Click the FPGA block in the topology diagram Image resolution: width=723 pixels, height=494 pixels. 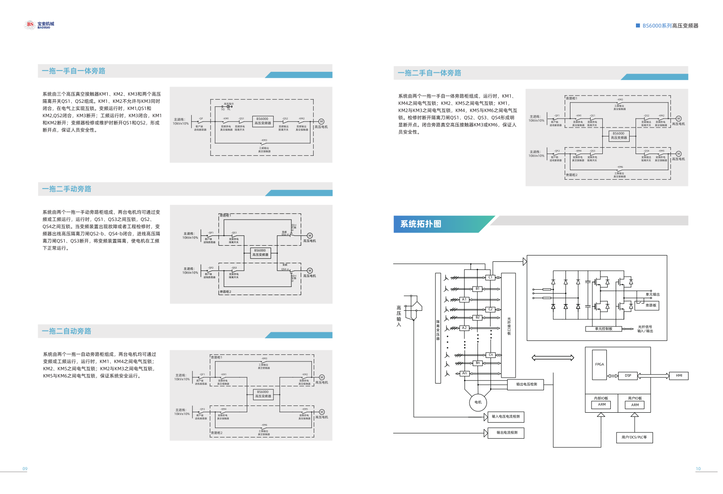pyautogui.click(x=599, y=365)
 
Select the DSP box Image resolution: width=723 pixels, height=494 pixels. pyautogui.click(x=628, y=375)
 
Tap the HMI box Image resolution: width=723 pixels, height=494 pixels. pyautogui.click(x=679, y=375)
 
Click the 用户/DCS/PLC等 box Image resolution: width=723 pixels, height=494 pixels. pyautogui.click(x=634, y=437)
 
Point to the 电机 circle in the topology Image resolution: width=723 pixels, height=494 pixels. pyautogui.click(x=478, y=402)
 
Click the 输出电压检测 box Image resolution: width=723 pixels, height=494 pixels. pyautogui.click(x=526, y=384)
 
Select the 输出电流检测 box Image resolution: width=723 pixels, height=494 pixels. pyautogui.click(x=506, y=432)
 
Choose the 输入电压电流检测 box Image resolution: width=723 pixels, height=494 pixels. pyautogui.click(x=506, y=417)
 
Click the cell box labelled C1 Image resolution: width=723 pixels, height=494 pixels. pyautogui.click(x=490, y=278)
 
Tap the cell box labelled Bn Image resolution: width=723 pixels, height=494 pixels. pyautogui.click(x=478, y=363)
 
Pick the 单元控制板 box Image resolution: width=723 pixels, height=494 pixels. pyautogui.click(x=603, y=329)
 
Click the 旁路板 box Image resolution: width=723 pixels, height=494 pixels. pyautogui.click(x=651, y=305)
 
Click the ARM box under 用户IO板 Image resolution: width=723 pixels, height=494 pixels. pyautogui.click(x=635, y=405)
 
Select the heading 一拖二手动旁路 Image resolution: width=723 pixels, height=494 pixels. pyautogui.click(x=66, y=189)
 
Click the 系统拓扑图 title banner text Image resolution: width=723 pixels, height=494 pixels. pyautogui.click(x=421, y=224)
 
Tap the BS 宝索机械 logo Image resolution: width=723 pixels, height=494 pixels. pyautogui.click(x=39, y=25)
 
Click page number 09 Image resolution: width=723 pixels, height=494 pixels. pyautogui.click(x=25, y=469)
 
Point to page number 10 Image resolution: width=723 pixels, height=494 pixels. pyautogui.click(x=698, y=469)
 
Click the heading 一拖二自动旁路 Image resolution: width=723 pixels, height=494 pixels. pyautogui.click(x=66, y=331)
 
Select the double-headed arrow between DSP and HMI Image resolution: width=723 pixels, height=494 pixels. pyautogui.click(x=653, y=375)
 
